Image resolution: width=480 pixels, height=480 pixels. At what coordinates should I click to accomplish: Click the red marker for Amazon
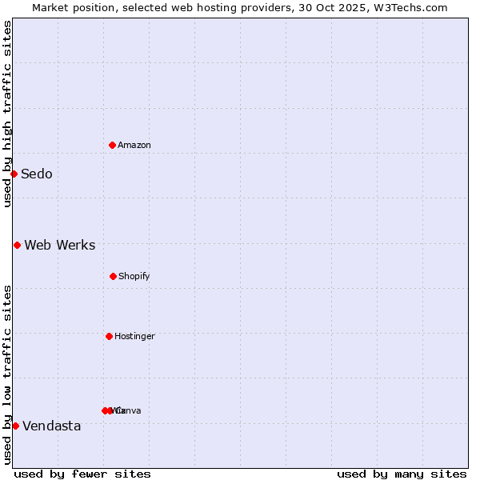point(112,145)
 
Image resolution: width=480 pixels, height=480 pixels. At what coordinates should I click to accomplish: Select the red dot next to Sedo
point(14,174)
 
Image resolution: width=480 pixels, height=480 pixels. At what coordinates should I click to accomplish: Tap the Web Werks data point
point(17,245)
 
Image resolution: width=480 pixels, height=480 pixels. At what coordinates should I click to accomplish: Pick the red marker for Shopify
point(113,276)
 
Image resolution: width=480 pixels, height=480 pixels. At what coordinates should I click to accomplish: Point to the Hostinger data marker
point(109,336)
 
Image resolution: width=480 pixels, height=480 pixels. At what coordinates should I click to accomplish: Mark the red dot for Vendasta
point(15,426)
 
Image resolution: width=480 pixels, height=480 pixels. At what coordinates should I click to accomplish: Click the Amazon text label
point(134,145)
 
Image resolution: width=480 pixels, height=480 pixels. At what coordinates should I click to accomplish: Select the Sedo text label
point(37,174)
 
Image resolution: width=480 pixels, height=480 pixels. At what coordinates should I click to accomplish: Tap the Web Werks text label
point(60,246)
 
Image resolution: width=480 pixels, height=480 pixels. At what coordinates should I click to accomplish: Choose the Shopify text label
point(134,276)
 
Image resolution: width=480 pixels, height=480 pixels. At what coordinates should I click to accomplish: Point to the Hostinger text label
point(134,336)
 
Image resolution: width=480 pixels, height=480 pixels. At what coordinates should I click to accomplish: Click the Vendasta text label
point(52,426)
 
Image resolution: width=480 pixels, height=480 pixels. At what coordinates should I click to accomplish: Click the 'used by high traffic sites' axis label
point(7,114)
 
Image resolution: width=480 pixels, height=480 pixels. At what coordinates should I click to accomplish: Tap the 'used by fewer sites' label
point(82,474)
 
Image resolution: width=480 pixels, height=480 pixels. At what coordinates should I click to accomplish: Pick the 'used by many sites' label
point(402,474)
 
